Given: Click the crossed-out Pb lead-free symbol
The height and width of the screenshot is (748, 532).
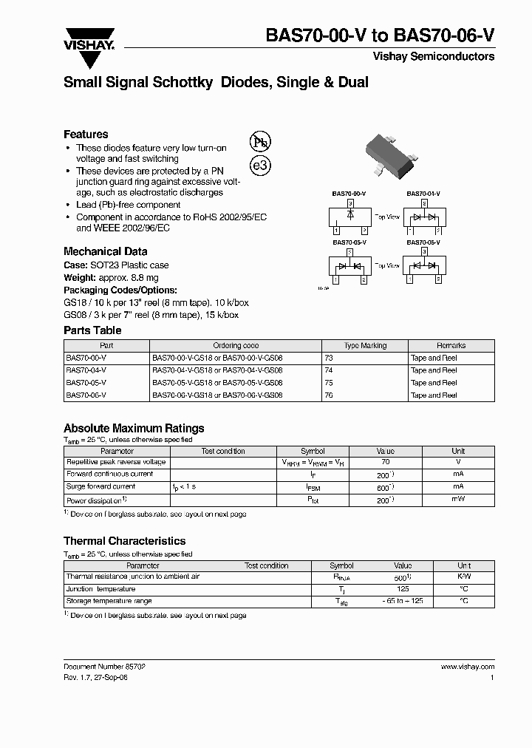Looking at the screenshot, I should click(259, 142).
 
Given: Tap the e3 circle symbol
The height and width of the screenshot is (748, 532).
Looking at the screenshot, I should click(260, 166).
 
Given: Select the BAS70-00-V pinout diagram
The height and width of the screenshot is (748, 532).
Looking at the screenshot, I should click(349, 217).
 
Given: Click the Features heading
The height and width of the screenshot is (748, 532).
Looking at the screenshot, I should click(86, 135).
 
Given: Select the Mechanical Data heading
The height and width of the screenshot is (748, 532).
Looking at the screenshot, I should click(105, 251).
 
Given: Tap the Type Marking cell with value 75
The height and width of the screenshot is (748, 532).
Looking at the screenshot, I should click(329, 383).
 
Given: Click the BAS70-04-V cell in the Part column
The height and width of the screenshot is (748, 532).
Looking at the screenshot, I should click(86, 370).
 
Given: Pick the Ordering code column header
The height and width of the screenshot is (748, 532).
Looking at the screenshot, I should click(236, 345).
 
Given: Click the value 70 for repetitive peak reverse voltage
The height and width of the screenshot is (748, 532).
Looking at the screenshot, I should click(385, 462).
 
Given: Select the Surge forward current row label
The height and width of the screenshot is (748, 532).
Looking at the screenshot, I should click(101, 487).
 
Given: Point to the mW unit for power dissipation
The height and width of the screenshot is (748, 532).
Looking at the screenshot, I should click(458, 500).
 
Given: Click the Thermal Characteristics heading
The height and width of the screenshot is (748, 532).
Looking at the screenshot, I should click(124, 541).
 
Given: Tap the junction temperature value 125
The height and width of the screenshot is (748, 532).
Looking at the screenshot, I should click(403, 589).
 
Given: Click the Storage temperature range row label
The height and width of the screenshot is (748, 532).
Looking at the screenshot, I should click(109, 602).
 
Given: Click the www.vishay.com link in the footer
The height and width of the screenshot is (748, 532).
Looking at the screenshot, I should click(467, 667).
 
